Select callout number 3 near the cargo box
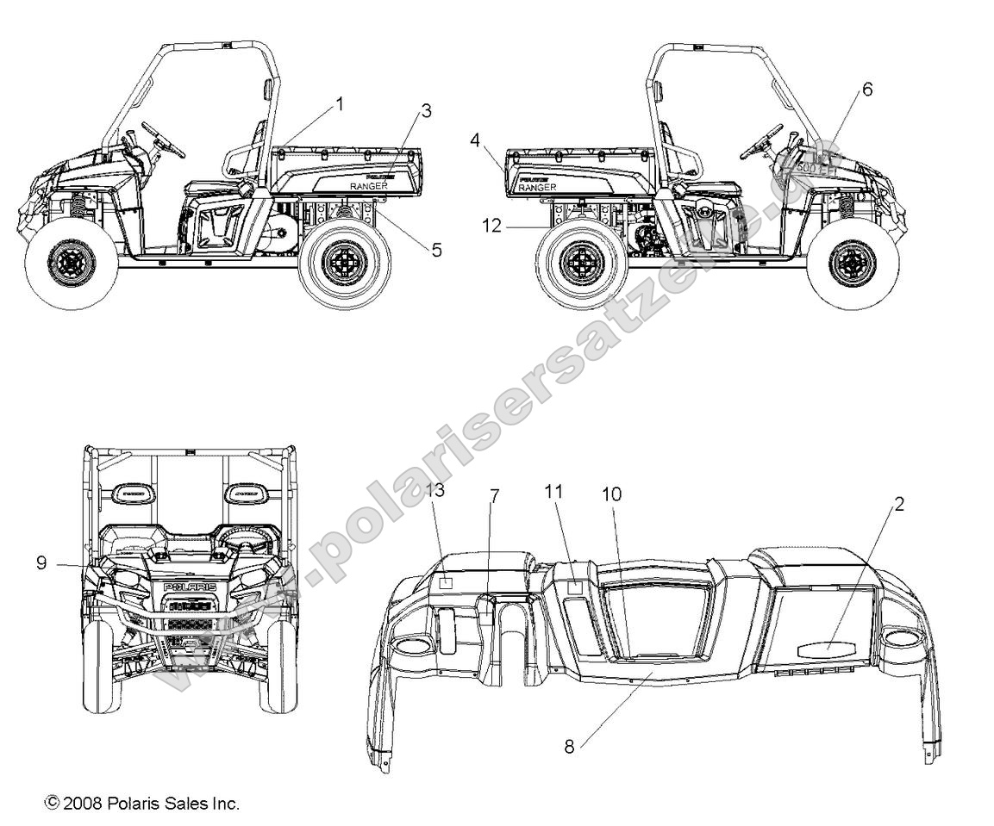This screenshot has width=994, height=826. coord(426,111)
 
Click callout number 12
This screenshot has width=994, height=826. coord(491,226)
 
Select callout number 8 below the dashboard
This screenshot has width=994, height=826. coord(569,747)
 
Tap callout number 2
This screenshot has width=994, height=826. coord(899,505)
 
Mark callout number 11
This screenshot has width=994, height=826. coord(553,491)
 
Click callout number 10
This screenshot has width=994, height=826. coord(635,494)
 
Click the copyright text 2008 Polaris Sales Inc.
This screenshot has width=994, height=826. coord(142,803)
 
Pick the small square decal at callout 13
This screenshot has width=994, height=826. coord(446,583)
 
